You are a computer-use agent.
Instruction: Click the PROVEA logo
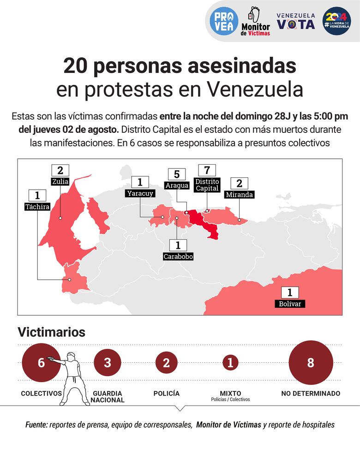224,21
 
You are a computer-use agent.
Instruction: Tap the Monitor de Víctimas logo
255,21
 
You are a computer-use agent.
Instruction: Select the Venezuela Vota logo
296,21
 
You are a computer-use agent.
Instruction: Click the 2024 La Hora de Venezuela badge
336,21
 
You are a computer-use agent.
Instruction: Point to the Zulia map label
60,181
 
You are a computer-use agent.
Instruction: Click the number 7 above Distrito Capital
206,170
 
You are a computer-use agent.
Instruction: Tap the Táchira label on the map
37,207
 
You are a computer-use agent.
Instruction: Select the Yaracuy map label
140,193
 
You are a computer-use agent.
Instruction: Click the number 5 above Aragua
177,174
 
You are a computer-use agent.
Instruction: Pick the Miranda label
239,194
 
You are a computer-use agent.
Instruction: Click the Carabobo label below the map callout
178,256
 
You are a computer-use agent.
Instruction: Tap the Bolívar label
289,304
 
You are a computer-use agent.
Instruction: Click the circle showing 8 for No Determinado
310,363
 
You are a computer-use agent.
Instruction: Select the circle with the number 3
107,363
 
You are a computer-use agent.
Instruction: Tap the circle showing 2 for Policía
166,363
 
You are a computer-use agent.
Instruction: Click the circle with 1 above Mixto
230,363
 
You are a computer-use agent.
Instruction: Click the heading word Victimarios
51,332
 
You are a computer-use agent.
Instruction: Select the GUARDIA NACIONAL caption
108,396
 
